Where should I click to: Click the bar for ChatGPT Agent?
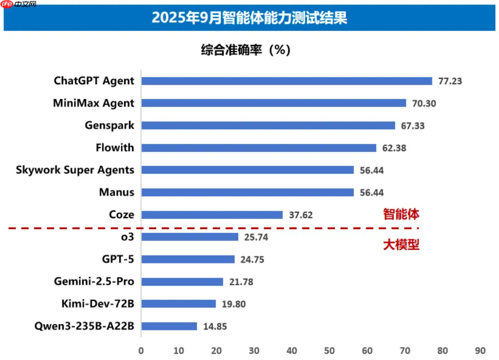[286, 81]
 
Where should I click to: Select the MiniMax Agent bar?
[274, 103]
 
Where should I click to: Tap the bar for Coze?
[212, 215]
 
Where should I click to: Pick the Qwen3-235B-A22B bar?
[169, 326]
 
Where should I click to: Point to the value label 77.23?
[450, 81]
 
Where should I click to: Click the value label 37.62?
[301, 215]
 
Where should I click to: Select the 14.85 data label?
[215, 326]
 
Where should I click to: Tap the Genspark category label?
[109, 125]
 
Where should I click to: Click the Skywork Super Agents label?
[75, 170]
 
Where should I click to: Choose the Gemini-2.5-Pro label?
[94, 282]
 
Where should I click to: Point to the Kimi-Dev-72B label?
[98, 304]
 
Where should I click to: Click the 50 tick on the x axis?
[330, 350]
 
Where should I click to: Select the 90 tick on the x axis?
[480, 350]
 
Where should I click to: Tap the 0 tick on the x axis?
[141, 350]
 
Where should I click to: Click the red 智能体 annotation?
[401, 214]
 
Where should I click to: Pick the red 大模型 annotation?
[401, 245]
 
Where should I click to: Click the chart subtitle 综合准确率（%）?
[246, 50]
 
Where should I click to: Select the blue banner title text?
[249, 18]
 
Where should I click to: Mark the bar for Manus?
[247, 192]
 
